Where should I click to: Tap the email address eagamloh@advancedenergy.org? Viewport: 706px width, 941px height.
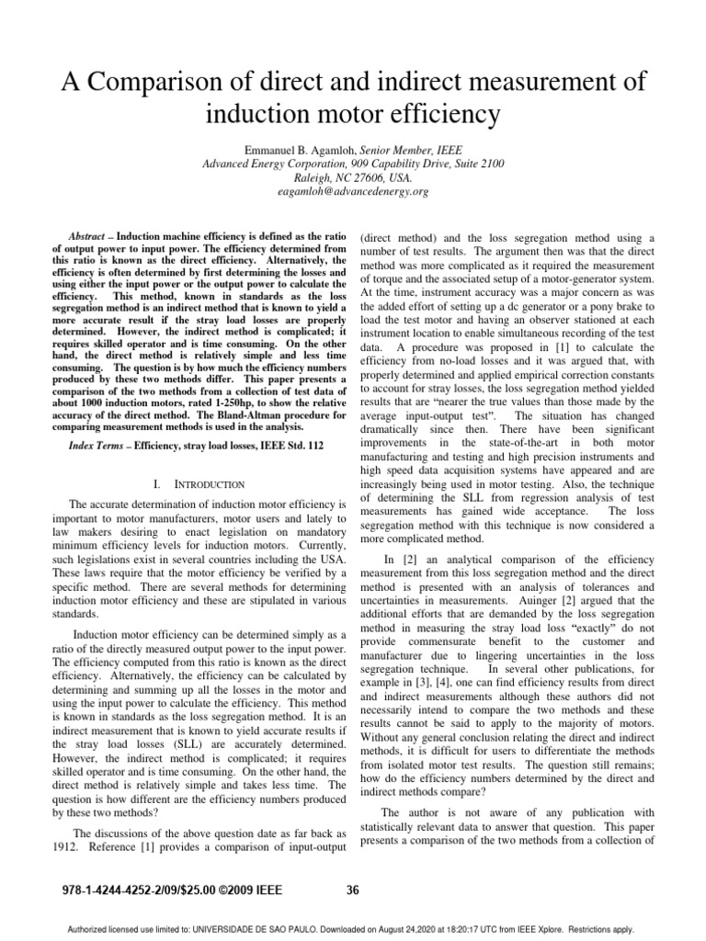pos(352,192)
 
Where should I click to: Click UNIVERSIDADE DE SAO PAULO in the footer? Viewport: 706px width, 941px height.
pos(277,928)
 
